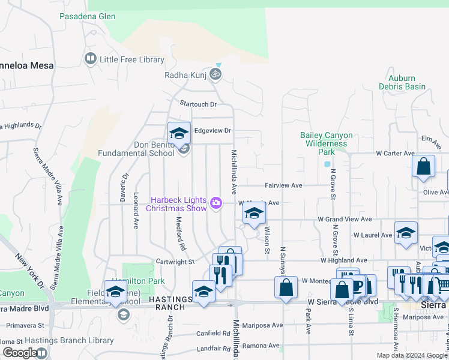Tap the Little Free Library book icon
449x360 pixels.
pos(91,59)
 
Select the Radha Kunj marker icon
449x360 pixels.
pos(215,75)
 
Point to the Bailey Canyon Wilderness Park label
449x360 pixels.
pos(327,143)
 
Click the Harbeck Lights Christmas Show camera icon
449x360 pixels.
pos(216,205)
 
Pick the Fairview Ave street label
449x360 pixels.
pos(283,186)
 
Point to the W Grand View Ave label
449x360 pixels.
pos(345,220)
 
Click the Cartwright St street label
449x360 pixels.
pos(175,262)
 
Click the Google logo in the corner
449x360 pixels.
pos(20,353)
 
